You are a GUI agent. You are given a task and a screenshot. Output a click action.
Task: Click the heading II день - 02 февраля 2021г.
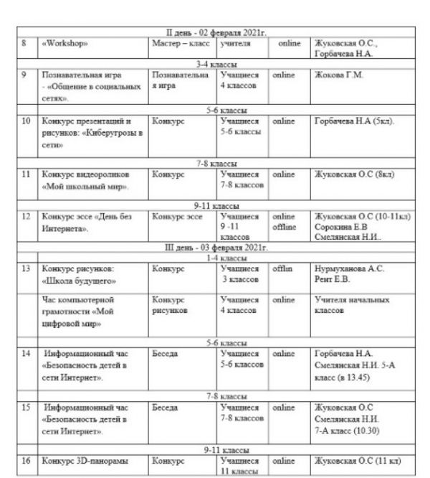[x=216, y=33]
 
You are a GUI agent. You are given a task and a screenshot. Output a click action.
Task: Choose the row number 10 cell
[x=26, y=122]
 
